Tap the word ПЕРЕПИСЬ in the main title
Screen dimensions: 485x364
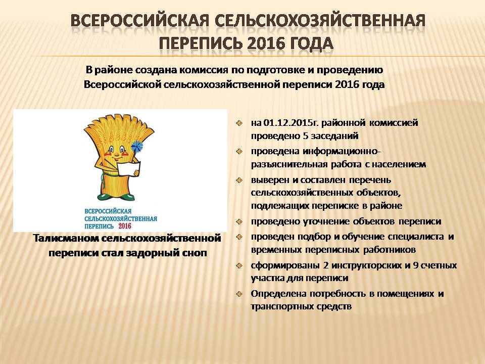(201, 43)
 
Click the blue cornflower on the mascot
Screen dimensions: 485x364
(137, 147)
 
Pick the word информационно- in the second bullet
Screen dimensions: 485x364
(342, 151)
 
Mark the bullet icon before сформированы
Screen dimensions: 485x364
(239, 265)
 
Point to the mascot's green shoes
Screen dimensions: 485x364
(117, 197)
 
